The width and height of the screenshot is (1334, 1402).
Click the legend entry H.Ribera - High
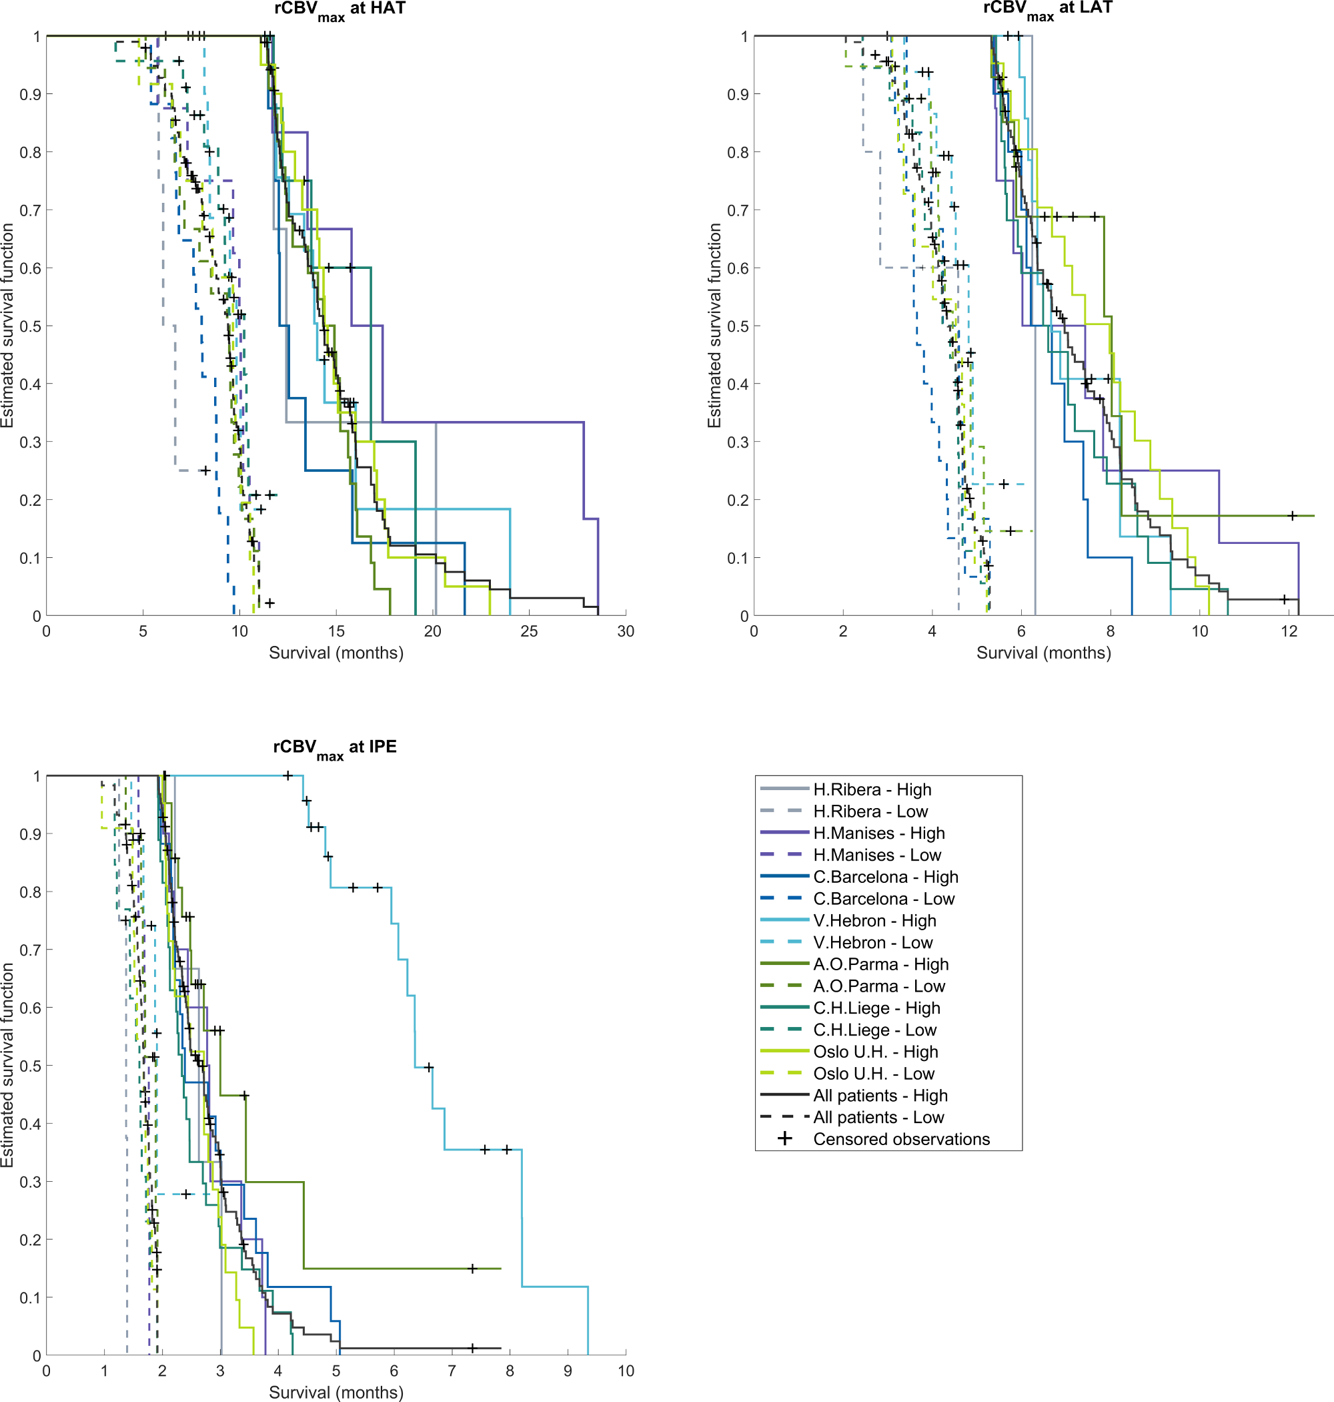click(872, 789)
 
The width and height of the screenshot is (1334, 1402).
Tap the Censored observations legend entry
click(901, 1140)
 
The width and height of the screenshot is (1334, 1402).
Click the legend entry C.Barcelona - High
click(885, 877)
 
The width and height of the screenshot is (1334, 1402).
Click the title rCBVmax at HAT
click(340, 9)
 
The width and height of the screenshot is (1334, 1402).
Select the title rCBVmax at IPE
click(335, 747)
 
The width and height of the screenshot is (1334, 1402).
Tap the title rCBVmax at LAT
click(1047, 9)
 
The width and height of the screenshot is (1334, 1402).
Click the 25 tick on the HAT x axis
click(529, 632)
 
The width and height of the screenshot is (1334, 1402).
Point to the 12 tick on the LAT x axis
click(1289, 632)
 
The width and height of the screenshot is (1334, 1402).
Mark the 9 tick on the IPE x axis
click(568, 1371)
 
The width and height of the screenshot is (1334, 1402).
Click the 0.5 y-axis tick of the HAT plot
click(30, 326)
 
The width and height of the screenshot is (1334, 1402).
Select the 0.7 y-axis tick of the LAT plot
click(738, 211)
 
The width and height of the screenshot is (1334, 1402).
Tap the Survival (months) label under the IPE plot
click(336, 1392)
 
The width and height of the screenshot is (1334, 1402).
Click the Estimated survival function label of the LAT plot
click(714, 326)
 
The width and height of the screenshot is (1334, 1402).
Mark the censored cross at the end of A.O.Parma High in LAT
click(1292, 516)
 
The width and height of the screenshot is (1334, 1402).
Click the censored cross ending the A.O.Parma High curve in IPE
click(472, 1269)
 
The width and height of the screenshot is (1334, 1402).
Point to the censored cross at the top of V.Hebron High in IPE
click(287, 776)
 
